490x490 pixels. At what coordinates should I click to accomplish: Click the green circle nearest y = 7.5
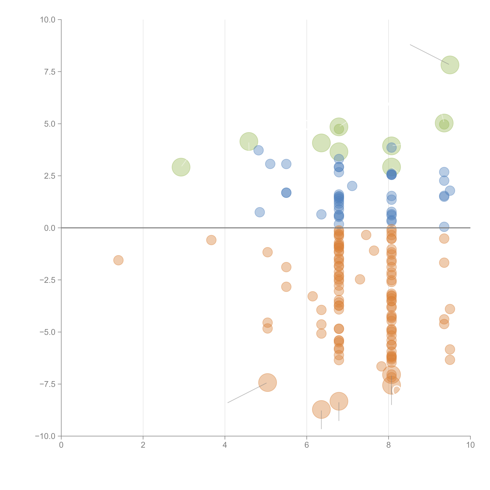click(x=450, y=65)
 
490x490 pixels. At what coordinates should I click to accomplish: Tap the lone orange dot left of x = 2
click(x=118, y=260)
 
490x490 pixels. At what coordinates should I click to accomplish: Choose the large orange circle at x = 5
click(x=267, y=382)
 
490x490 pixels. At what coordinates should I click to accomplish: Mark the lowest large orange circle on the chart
click(x=321, y=409)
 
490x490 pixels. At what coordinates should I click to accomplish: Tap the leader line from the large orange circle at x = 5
click(x=247, y=393)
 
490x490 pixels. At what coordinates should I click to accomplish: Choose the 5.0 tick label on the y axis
click(x=49, y=124)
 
